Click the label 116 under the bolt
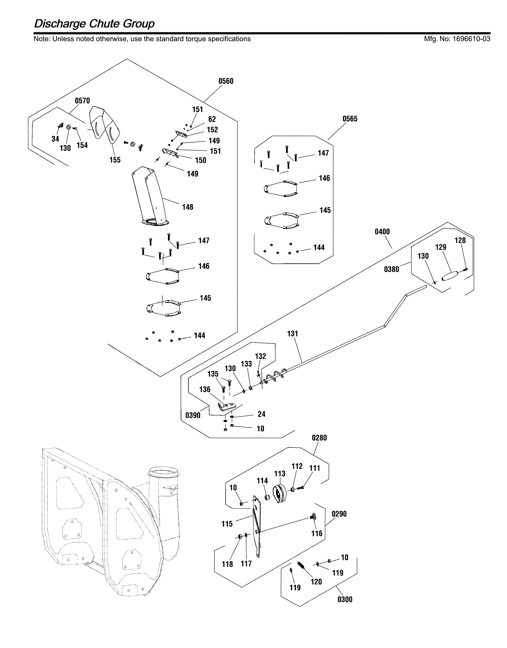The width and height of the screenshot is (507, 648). click(317, 533)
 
